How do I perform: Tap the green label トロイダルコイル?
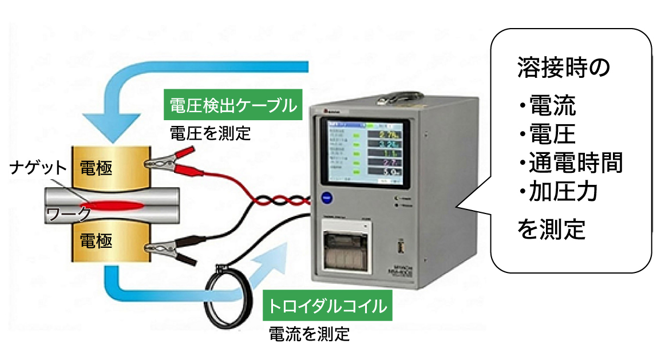click(x=324, y=306)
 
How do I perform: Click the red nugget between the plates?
click(x=115, y=204)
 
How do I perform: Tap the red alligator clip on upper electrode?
click(x=172, y=159)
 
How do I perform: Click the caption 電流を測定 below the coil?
click(x=308, y=334)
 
